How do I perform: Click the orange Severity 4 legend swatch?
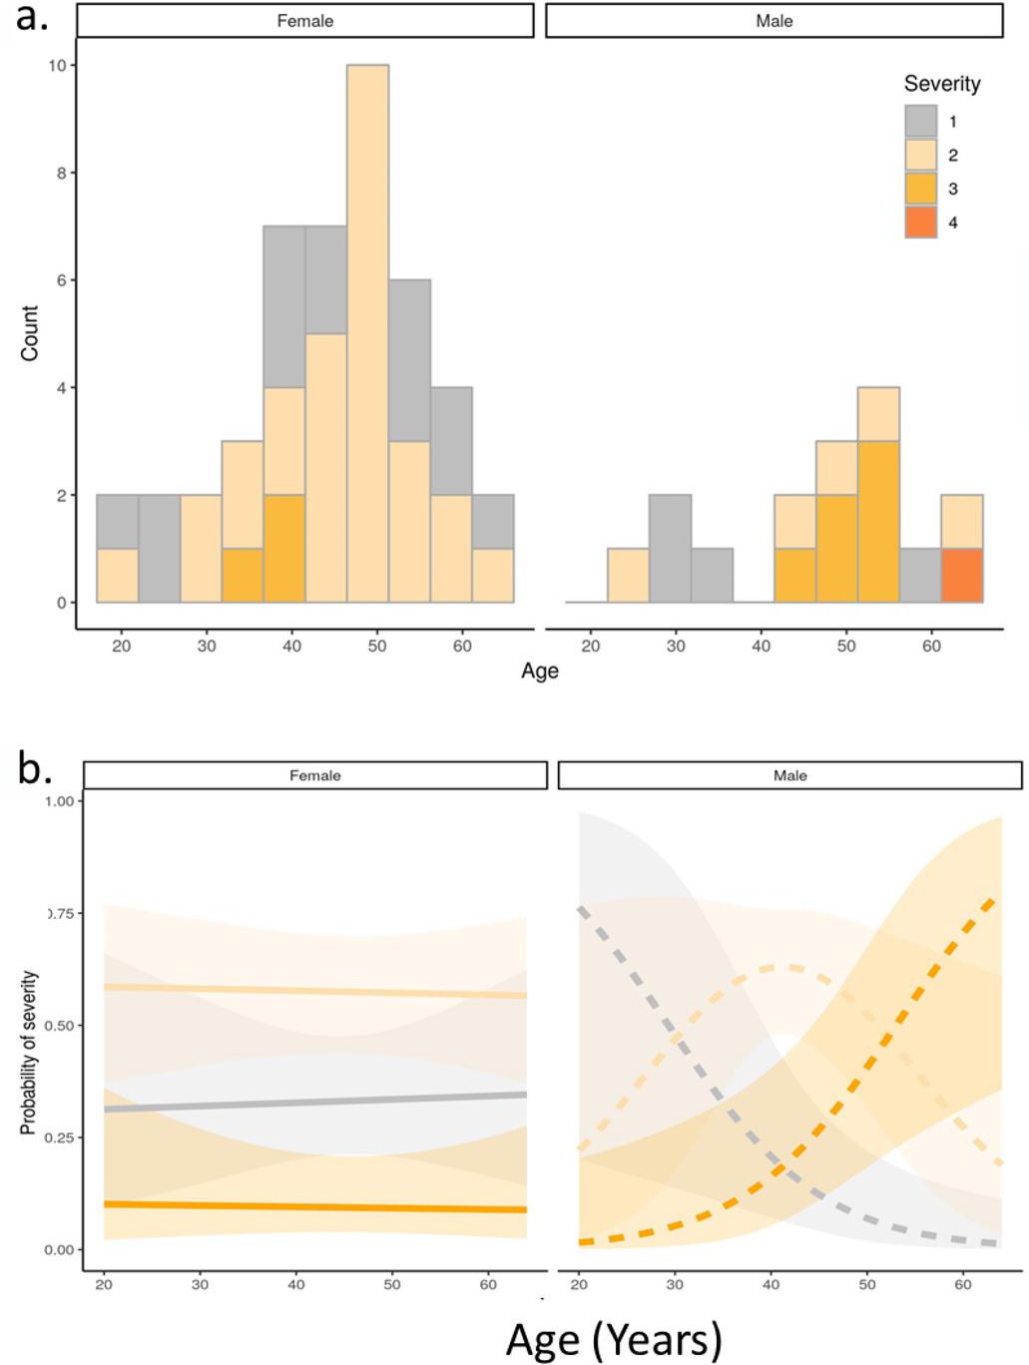pos(920,223)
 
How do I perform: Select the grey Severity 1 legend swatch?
pos(920,122)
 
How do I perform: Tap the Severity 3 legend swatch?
pos(920,189)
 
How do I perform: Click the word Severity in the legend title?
pos(941,84)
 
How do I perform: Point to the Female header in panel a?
pos(305,21)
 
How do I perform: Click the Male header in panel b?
pos(789,775)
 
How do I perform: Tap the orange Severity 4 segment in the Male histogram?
pos(962,576)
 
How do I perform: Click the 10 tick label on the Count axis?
pos(57,66)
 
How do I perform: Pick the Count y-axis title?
pos(30,333)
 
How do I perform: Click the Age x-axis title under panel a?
pos(539,671)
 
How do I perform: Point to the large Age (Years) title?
pos(613,1338)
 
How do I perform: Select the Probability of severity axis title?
pos(29,1053)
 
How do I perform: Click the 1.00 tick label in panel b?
pos(62,801)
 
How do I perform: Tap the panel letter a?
pos(32,17)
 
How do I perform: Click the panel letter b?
pos(34,770)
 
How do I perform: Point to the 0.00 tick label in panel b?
pos(62,1249)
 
